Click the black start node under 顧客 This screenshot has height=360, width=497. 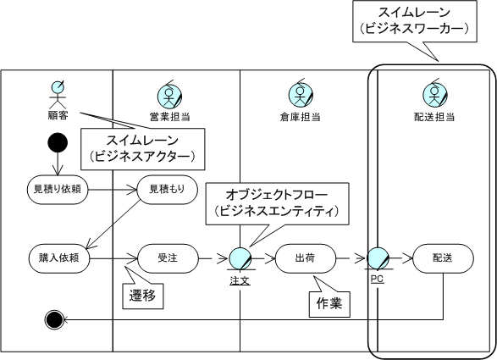tap(58, 142)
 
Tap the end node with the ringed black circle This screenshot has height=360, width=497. tap(54, 319)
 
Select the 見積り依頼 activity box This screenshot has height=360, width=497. tap(58, 190)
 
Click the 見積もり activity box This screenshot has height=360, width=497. tap(167, 190)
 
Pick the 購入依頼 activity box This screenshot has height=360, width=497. tap(59, 258)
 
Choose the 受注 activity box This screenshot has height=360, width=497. tap(168, 258)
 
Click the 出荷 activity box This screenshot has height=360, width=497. tap(306, 258)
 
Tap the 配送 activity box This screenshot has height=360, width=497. tap(443, 258)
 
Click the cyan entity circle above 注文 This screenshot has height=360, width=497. tap(240, 258)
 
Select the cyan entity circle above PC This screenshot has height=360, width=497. tap(378, 258)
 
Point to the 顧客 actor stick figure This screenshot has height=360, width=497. tap(58, 93)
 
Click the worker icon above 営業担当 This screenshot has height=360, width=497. tap(169, 95)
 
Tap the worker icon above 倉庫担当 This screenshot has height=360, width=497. tap(301, 94)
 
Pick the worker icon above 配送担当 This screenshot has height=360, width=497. tap(434, 94)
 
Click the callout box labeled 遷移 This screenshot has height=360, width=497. tap(143, 296)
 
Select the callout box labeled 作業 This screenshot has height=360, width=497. tap(329, 304)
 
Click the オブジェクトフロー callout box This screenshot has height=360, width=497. tap(278, 203)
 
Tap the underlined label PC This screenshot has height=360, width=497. tap(377, 280)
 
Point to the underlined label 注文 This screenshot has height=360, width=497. tap(240, 280)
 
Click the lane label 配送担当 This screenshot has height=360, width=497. tap(434, 117)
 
